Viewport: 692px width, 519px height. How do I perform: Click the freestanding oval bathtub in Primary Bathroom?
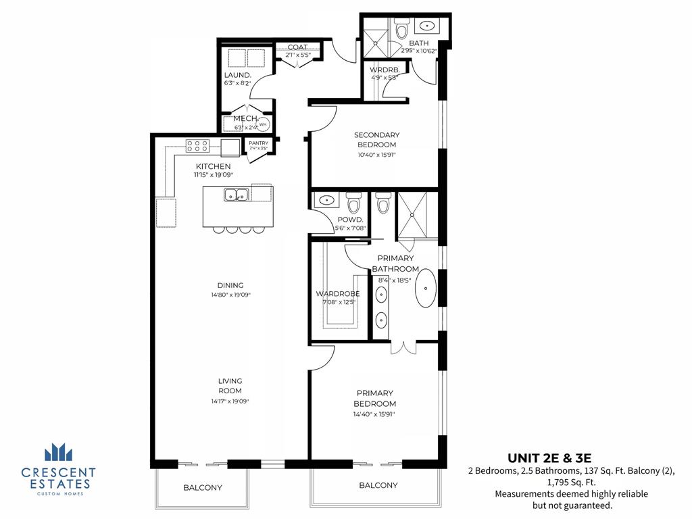coord(426,288)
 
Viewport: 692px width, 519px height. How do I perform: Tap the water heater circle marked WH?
coord(263,124)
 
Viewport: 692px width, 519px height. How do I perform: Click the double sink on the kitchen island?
coord(237,195)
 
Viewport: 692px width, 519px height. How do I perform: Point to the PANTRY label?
coord(259,143)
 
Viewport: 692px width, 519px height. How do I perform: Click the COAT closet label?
coord(297,47)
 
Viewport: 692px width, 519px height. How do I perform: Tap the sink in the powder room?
coord(326,200)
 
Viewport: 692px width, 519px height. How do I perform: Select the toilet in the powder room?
coord(353,203)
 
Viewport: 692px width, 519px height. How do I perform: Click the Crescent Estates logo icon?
coord(57,452)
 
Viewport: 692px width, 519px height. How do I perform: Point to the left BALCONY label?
coord(203,487)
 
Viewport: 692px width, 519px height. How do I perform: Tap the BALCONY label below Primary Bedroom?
coord(378,485)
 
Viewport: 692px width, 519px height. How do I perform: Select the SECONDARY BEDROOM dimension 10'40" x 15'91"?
coord(376,155)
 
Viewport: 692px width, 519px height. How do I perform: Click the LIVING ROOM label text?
coord(230,386)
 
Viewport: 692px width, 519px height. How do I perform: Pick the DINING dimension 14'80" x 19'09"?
coord(230,295)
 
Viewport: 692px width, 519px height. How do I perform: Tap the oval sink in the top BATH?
coord(427,27)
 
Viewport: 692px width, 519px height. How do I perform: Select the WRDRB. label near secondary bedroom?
coord(385,70)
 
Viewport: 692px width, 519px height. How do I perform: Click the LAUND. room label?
coord(238,75)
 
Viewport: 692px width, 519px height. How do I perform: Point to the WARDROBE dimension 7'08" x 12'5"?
coord(338,302)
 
